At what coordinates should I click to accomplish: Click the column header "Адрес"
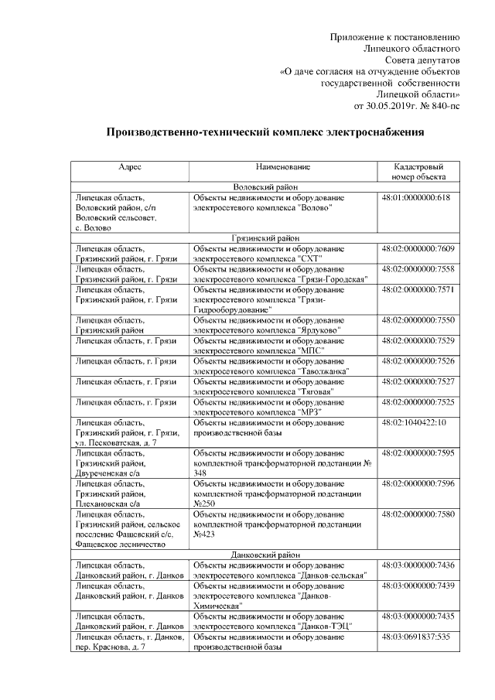point(129,166)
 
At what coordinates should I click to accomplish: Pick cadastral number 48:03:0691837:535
point(416,636)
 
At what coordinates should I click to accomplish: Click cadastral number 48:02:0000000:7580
point(418,514)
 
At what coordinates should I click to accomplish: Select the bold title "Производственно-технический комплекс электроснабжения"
point(265,132)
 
